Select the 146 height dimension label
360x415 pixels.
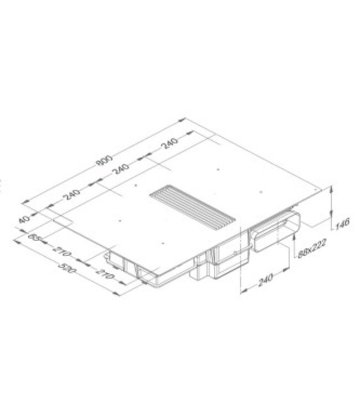(343, 224)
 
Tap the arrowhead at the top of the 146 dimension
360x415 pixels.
(331, 189)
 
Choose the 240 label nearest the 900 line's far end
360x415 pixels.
(169, 146)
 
